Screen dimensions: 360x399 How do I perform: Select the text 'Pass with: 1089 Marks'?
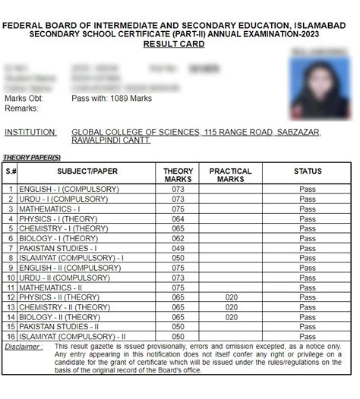pos(112,99)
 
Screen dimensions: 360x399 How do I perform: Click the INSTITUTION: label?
pos(30,132)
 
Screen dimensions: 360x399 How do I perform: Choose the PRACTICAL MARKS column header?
pos(230,175)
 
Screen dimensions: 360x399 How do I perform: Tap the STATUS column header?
pos(307,171)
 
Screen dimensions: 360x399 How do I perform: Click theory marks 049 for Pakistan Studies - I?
pos(178,248)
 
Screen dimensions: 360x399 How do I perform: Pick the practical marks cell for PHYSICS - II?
pos(230,297)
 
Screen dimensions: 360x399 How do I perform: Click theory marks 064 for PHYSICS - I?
pos(178,218)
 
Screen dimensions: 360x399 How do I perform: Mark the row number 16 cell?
pos(11,336)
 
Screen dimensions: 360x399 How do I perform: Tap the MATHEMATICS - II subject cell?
pos(51,287)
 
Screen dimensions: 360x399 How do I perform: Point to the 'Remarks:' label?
pos(21,108)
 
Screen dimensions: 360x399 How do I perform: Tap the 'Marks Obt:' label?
pos(24,99)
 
